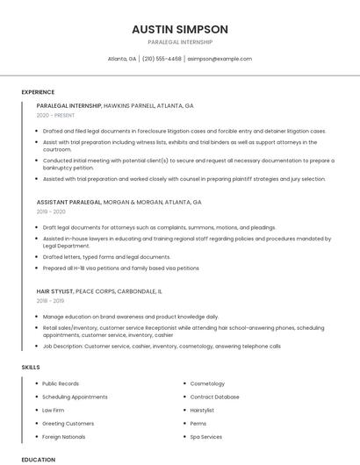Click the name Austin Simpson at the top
click(x=179, y=29)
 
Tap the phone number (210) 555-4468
click(x=162, y=59)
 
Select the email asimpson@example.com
click(x=220, y=59)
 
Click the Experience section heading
click(x=38, y=92)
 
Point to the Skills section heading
click(x=31, y=367)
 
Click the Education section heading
click(x=38, y=459)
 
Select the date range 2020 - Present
click(x=55, y=116)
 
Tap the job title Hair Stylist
click(x=54, y=290)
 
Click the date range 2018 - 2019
click(x=51, y=301)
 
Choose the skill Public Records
click(x=61, y=383)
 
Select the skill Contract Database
click(x=214, y=397)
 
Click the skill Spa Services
click(x=206, y=436)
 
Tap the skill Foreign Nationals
click(x=63, y=436)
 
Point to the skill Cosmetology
click(x=207, y=383)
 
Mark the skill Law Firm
click(x=53, y=410)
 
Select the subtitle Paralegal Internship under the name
click(x=179, y=42)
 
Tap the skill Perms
click(x=198, y=423)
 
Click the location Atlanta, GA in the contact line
click(x=121, y=59)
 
